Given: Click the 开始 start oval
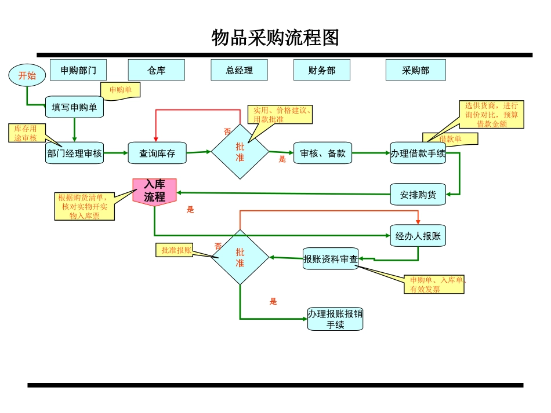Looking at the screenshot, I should tap(27, 75).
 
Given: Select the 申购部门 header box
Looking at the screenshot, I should tap(78, 70).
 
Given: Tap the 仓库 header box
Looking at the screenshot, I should tap(156, 70).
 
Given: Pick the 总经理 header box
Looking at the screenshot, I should tap(240, 70).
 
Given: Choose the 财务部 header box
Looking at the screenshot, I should tap(322, 70).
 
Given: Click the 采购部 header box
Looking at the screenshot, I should tap(415, 70).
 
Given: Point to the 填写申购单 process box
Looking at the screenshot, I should tap(74, 107).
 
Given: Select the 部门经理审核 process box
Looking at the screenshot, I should tap(74, 153).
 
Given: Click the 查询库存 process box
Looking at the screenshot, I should tap(157, 153).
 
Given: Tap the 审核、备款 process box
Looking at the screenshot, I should tap(322, 153).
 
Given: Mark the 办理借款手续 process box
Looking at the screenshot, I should tap(418, 153).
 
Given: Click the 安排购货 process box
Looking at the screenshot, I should tap(418, 195).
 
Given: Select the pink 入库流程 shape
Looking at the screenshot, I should tap(155, 192).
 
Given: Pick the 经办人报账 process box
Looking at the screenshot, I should tap(418, 236).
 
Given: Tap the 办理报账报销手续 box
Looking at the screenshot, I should tap(335, 319).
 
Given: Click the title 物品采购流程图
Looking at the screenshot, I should tap(275, 38).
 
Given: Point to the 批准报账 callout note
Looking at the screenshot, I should tap(175, 250).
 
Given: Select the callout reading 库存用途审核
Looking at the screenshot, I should tap(26, 133).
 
